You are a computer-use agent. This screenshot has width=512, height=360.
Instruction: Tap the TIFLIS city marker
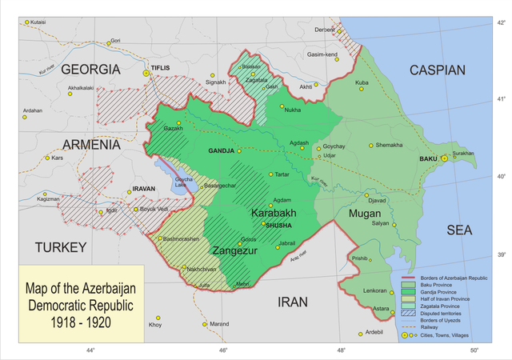coord(146,74)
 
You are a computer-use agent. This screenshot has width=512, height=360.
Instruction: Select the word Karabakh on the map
coord(274,214)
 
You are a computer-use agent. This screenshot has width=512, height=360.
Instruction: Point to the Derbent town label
coord(324,30)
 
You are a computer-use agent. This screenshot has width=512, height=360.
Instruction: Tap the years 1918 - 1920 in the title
coord(78,322)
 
